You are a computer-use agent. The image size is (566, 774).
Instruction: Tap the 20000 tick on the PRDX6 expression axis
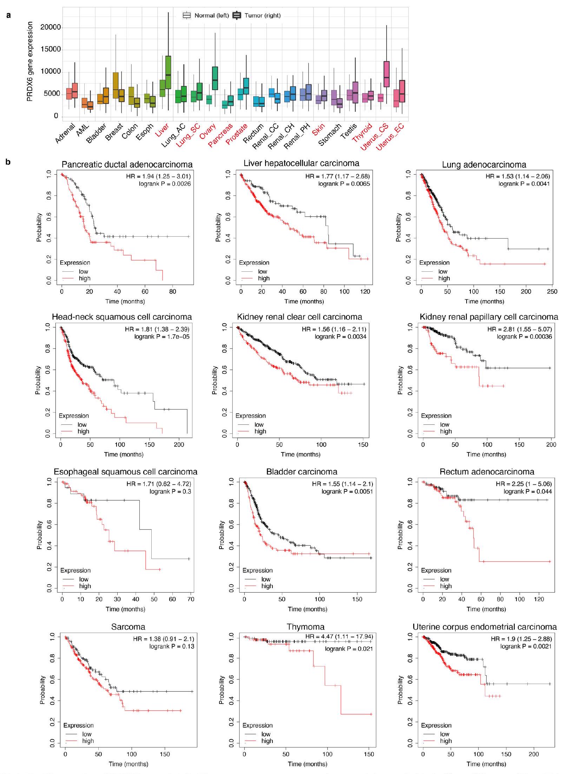tap(51, 27)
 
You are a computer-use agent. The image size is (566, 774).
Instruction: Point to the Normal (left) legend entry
tap(207, 15)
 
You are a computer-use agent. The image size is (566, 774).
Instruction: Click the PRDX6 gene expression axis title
tap(30, 62)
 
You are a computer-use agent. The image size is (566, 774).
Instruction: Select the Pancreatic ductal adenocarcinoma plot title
tap(127, 165)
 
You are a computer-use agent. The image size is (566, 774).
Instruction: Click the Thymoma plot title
tap(305, 627)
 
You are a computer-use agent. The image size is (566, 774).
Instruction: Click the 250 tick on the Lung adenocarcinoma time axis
tap(552, 291)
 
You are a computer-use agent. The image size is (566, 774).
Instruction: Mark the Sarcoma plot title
tap(128, 627)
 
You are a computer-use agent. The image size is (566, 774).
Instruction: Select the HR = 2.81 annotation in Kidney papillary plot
tap(519, 329)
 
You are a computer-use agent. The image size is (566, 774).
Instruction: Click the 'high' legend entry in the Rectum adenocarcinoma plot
tap(446, 586)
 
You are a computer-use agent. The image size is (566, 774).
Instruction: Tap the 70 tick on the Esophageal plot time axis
tap(190, 599)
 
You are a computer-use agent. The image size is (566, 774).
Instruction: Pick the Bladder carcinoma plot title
tap(302, 472)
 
